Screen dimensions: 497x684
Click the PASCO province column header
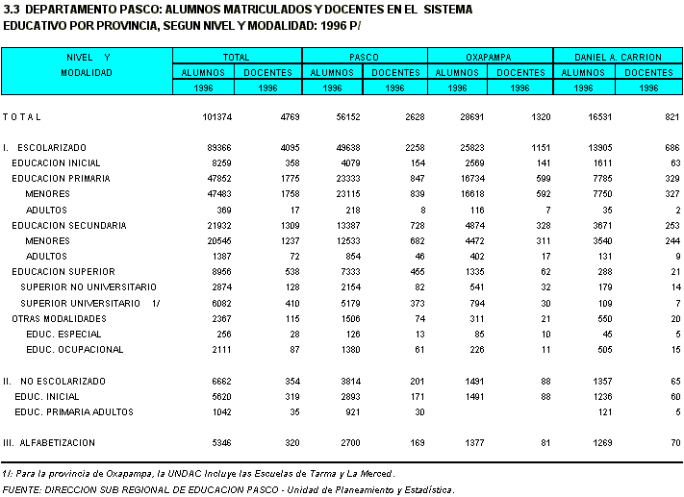364,57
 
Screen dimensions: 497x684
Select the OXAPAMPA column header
489,57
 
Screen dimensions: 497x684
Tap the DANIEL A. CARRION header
615,57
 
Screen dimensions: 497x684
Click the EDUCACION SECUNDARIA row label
68,225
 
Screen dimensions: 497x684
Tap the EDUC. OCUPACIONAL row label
75,349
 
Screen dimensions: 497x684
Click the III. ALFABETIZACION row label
49,442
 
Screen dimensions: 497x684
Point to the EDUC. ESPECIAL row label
64,334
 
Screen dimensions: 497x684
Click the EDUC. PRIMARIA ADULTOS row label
74,411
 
